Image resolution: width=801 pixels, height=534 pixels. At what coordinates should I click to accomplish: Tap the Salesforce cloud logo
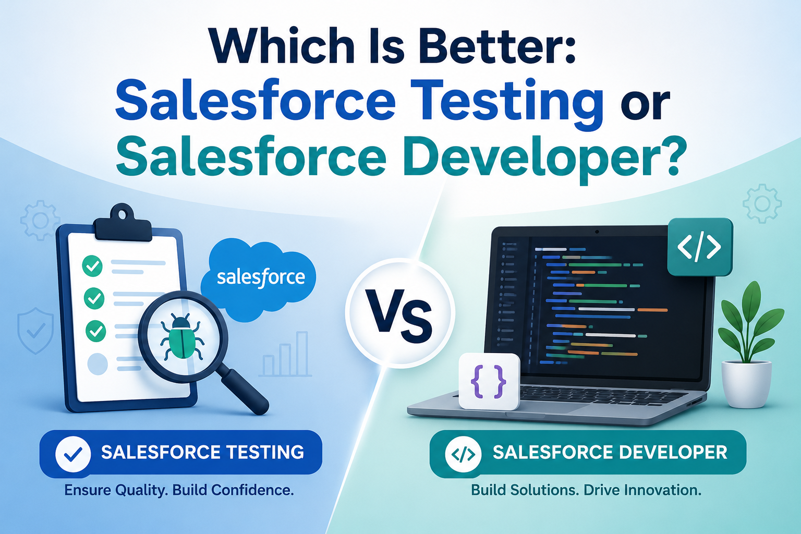point(259,280)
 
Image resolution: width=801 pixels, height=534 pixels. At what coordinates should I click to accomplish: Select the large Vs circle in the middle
point(400,313)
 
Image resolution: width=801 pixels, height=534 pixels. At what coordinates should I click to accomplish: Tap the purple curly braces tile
point(489,382)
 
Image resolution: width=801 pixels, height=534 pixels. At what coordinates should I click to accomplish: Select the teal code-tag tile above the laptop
point(700,247)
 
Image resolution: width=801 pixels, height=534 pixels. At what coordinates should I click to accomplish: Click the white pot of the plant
point(746,384)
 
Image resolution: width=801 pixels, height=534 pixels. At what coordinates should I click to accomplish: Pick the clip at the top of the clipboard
point(123,224)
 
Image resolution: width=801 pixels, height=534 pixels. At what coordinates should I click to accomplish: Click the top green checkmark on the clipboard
point(92,266)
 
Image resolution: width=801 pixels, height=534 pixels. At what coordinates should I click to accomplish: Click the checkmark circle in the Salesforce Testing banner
point(73,454)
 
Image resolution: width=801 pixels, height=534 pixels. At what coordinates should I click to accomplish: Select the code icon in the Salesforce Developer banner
point(463,454)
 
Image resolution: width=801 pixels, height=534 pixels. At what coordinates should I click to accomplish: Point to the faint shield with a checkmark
point(35,331)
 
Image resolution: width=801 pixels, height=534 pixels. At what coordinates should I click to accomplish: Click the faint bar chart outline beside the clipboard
point(285,354)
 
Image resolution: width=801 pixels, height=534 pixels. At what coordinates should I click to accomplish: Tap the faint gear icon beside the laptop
point(762,204)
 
